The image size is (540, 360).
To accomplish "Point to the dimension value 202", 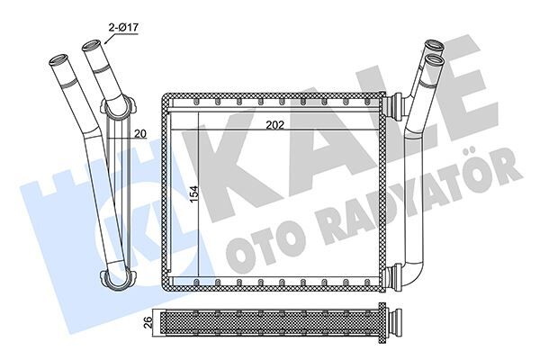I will pos(275,126).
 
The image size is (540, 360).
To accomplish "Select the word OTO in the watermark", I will pos(270,243).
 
